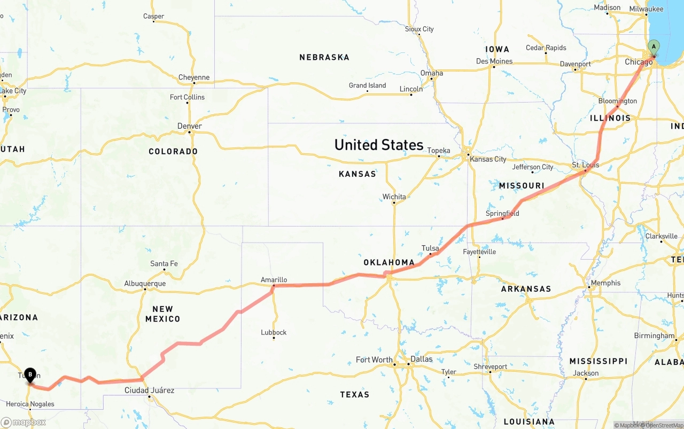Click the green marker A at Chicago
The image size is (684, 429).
[x=654, y=47]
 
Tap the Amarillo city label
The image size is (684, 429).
[x=274, y=279]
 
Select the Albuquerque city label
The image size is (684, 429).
[x=145, y=284]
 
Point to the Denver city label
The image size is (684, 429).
[x=190, y=126]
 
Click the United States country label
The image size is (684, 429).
[x=378, y=145]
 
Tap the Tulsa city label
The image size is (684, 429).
[x=430, y=248]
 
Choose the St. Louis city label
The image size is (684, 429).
[x=585, y=165]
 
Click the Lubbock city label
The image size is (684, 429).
[x=274, y=332]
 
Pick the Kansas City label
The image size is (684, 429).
[x=488, y=159]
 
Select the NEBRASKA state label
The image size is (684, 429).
[x=324, y=57]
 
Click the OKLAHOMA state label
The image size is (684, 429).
[x=389, y=262]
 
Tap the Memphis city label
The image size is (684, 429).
[x=605, y=283]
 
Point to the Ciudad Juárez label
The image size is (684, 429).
[x=149, y=390]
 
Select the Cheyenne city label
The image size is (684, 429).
[x=194, y=77]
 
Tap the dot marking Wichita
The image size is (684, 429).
[x=394, y=203]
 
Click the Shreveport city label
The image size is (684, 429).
[x=490, y=366]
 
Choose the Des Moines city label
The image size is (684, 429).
[x=494, y=61]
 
